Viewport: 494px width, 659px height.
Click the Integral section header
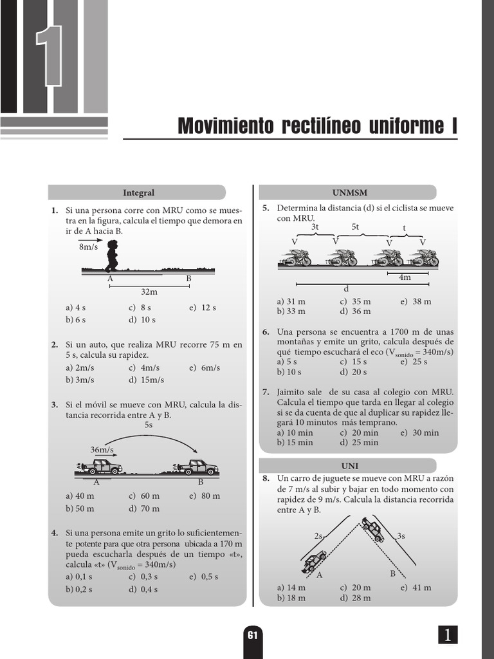(x=138, y=193)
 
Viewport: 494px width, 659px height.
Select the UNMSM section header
(x=349, y=193)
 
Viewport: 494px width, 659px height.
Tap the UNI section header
(x=349, y=466)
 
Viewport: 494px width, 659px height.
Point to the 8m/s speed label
(x=89, y=247)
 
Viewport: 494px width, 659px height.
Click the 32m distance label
(x=149, y=292)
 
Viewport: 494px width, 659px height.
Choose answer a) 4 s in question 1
(x=76, y=308)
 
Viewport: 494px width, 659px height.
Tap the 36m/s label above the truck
(x=102, y=449)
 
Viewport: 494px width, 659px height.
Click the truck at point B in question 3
(x=196, y=467)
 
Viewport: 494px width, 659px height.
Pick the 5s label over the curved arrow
(x=149, y=425)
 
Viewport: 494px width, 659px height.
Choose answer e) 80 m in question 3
(x=205, y=496)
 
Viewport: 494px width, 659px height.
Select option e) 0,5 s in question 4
(x=205, y=577)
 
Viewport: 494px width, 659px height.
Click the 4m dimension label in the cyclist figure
(x=405, y=277)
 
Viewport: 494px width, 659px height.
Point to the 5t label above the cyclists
(x=356, y=227)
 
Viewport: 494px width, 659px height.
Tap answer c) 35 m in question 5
(x=355, y=301)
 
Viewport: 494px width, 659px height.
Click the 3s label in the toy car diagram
(x=401, y=535)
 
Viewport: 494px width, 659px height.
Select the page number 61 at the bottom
(x=253, y=635)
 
